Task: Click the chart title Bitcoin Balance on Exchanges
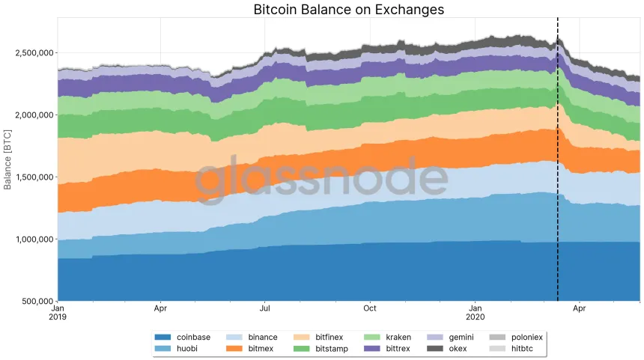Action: [x=348, y=10]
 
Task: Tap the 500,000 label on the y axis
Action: [x=35, y=302]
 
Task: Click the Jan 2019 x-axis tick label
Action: [x=58, y=312]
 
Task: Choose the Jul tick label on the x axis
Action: [x=264, y=308]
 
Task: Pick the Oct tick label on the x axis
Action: [x=369, y=308]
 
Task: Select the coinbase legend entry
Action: [x=183, y=338]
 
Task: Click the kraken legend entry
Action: [x=398, y=338]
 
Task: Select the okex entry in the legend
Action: [x=460, y=348]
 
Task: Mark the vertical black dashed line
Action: [x=558, y=187]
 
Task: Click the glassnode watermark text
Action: [x=322, y=180]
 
